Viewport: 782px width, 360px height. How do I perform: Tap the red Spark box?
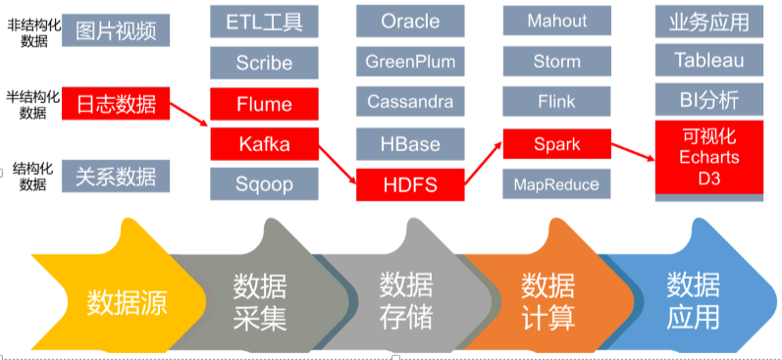click(557, 144)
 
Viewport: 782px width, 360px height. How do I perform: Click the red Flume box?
click(264, 104)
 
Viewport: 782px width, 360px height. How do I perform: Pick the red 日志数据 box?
click(116, 103)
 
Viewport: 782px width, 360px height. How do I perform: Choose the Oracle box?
click(410, 21)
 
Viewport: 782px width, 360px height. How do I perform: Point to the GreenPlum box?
click(410, 61)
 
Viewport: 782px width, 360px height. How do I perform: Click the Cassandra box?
click(410, 102)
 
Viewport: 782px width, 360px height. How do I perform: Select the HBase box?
click(410, 143)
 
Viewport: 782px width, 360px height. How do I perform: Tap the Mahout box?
click(557, 21)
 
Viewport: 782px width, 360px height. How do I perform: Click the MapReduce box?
click(557, 183)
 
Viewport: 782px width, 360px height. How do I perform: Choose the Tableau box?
click(708, 61)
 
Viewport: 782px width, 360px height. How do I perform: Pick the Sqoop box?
click(264, 183)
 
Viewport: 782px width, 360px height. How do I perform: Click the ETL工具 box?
click(264, 21)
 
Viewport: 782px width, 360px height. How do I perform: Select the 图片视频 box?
click(116, 30)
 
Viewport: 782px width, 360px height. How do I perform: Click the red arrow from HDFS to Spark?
click(482, 165)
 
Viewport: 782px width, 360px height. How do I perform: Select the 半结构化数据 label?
click(32, 103)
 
